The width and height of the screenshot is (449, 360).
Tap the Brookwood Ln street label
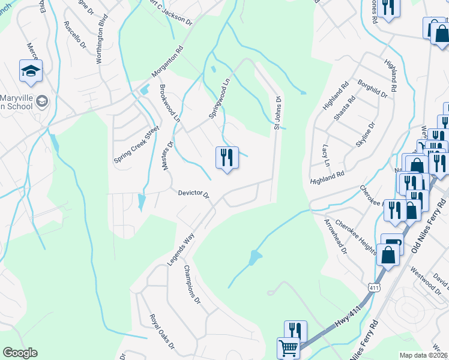(x=169, y=103)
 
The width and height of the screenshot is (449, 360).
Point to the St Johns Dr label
(x=277, y=113)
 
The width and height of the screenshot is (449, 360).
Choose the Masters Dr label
(x=167, y=155)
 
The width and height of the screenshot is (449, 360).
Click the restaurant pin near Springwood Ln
(x=227, y=158)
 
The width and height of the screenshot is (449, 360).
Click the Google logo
(x=20, y=353)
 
